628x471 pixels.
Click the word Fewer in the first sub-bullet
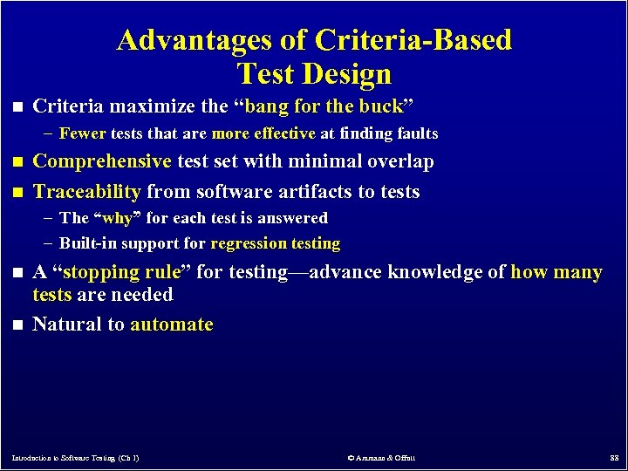(x=82, y=133)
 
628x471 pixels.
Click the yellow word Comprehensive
(x=102, y=161)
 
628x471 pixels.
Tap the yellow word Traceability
(x=86, y=191)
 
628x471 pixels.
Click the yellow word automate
(x=172, y=324)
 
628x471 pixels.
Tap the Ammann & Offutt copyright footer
(x=381, y=457)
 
